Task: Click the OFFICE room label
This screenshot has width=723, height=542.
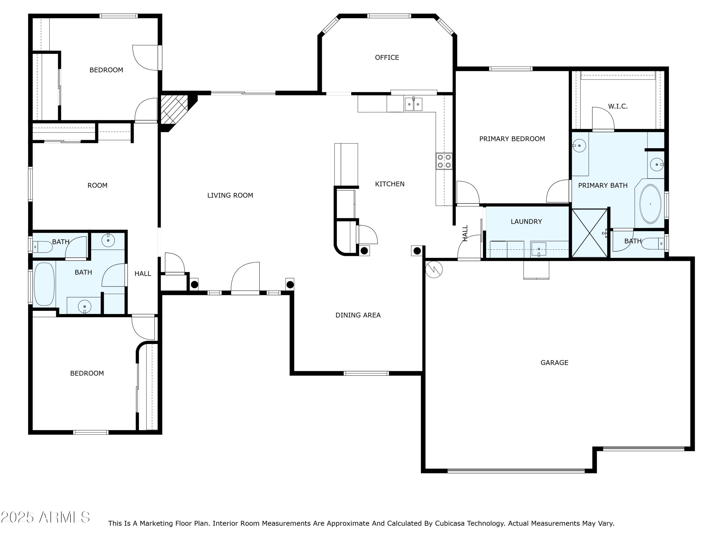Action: point(387,58)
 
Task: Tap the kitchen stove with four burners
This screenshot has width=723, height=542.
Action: point(444,161)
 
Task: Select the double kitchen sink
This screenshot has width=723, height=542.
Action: point(414,104)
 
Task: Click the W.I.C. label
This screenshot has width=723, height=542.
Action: point(618,106)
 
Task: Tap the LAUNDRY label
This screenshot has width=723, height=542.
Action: point(526,222)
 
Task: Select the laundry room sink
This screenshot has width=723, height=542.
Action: point(539,249)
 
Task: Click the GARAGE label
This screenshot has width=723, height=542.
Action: point(554,363)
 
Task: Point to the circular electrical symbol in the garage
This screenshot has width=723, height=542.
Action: point(434,270)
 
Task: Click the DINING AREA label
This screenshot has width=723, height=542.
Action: point(358,315)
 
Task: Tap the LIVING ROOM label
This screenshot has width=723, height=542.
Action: point(230,195)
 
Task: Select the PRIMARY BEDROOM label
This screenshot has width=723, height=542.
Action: point(512,139)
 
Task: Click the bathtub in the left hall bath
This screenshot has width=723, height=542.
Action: point(44,284)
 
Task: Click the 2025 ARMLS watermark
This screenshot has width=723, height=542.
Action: point(46,517)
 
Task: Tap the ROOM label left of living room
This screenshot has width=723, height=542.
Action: point(97,185)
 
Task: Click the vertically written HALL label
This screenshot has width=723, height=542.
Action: point(465,233)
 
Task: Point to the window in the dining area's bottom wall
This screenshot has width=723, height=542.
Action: point(366,373)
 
